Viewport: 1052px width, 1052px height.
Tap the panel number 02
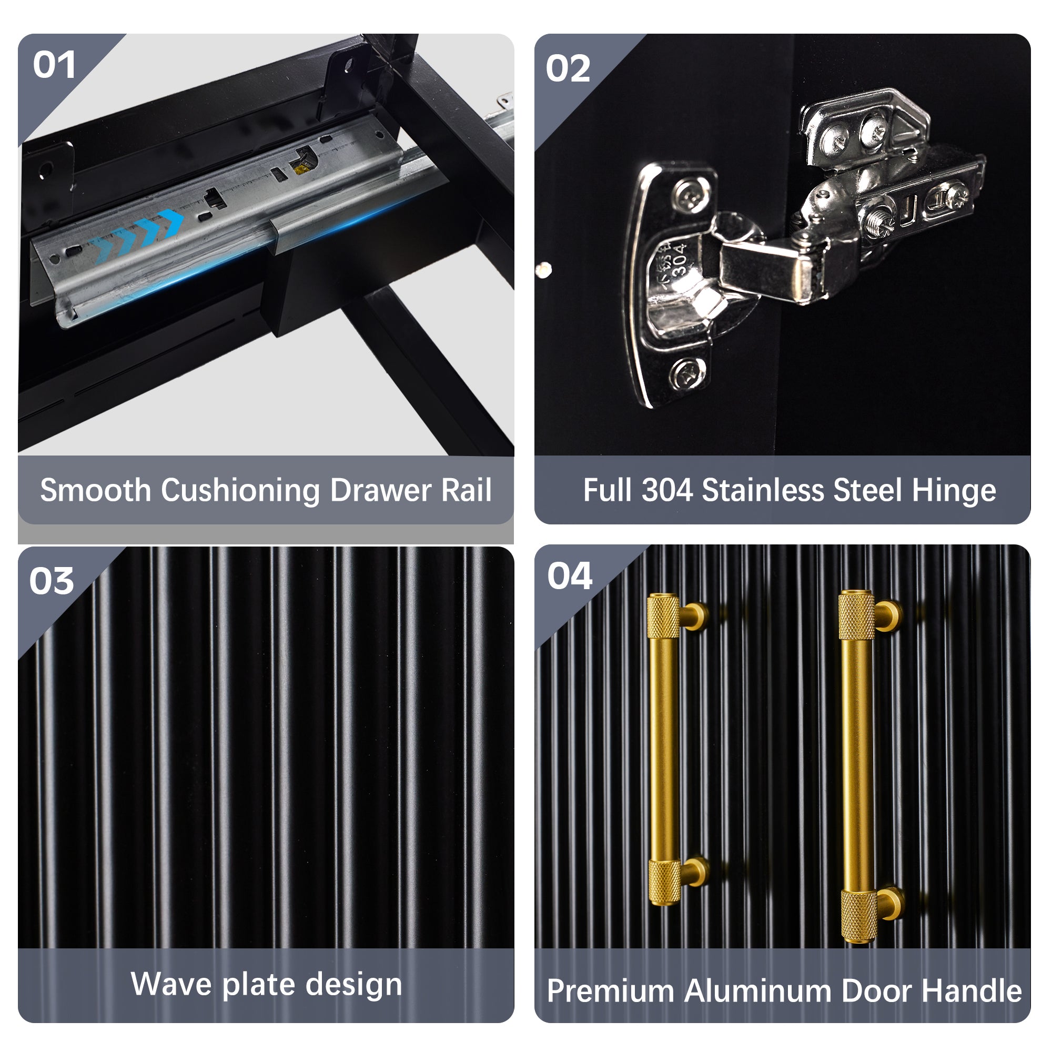pos(568,68)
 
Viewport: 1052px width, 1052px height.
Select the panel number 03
pos(52,581)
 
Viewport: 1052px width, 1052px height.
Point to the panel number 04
pos(570,576)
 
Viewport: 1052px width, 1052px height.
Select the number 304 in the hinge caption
pos(667,490)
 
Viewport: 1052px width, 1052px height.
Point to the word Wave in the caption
pos(171,984)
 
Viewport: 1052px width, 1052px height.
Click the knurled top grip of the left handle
pos(663,616)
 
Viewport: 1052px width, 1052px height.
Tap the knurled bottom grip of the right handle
pos(859,916)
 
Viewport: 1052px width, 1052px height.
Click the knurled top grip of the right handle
pos(856,615)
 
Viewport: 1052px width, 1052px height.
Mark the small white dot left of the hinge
pos(543,269)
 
